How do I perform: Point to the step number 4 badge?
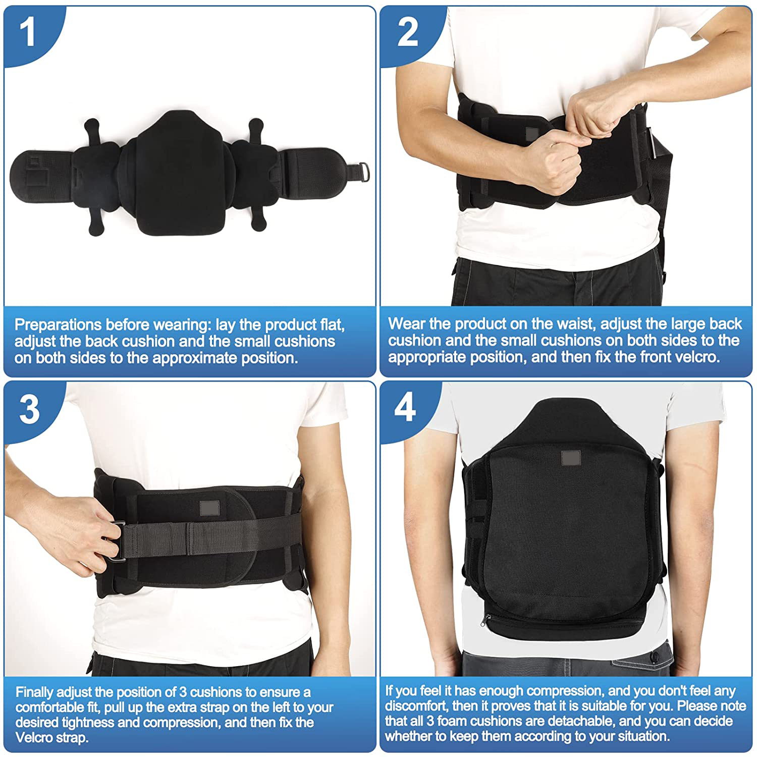pyautogui.click(x=405, y=408)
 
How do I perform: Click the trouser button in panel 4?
pyautogui.click(x=655, y=658)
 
